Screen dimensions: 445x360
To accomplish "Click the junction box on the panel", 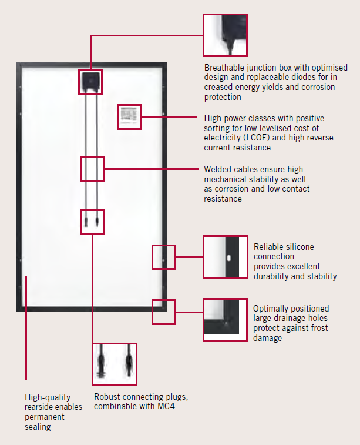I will (x=90, y=81).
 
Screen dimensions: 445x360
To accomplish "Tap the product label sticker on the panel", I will (x=129, y=116).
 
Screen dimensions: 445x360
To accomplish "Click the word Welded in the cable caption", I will (x=217, y=169).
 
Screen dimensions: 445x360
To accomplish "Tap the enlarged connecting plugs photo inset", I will (x=115, y=364).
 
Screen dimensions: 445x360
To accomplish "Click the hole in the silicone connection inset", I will (x=229, y=257).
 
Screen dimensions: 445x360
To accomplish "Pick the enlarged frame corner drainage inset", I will (x=225, y=320).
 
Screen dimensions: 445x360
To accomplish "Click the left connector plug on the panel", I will (x=86, y=222).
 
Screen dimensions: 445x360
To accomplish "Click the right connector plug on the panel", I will (x=97, y=222).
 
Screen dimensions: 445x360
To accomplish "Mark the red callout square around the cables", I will (x=92, y=169).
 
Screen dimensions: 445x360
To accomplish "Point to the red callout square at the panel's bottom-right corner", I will (x=164, y=312).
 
